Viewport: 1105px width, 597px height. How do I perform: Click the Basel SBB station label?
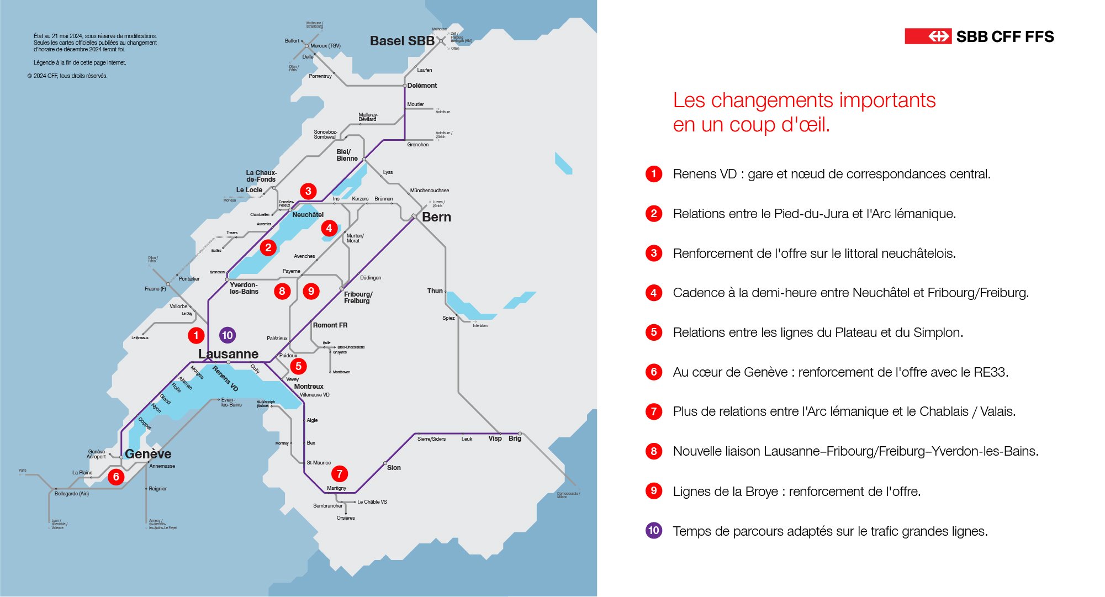pos(402,41)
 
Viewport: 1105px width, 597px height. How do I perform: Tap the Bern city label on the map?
pos(436,217)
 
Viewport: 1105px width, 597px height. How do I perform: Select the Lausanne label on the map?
pos(228,354)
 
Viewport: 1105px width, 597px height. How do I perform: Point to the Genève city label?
pos(148,454)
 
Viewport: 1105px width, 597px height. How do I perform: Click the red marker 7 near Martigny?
pos(340,473)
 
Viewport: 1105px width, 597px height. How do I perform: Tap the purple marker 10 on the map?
pos(227,335)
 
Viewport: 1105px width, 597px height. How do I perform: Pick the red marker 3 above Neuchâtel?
pos(308,191)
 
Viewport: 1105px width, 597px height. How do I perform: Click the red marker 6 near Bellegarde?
pos(116,477)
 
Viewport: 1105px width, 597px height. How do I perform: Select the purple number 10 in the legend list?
pos(654,531)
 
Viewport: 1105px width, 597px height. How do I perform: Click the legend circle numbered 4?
pos(654,293)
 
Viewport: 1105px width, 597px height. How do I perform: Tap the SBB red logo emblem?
pos(928,36)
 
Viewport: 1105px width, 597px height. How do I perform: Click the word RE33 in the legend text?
pos(990,372)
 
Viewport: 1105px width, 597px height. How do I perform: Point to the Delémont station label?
pos(422,86)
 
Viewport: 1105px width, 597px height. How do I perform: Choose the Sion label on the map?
pos(394,468)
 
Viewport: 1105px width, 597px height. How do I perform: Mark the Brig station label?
pos(515,438)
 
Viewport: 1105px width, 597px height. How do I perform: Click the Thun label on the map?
pos(435,291)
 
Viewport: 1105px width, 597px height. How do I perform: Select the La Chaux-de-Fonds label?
pos(261,176)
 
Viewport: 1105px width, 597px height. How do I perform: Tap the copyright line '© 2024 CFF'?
pos(67,76)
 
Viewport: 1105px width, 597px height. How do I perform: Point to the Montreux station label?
pos(309,387)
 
